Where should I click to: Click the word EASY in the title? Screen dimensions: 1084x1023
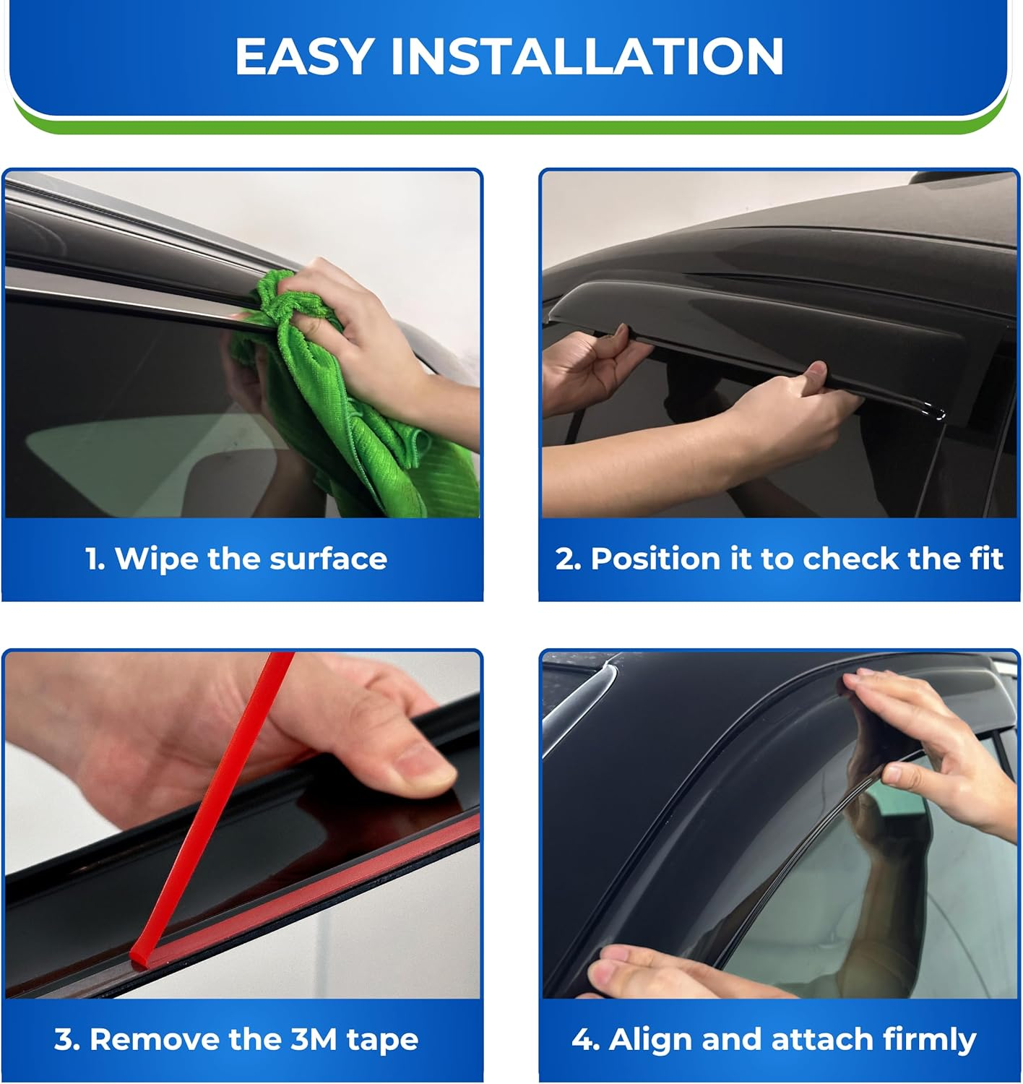(304, 56)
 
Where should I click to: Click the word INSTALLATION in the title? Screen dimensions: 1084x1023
(587, 56)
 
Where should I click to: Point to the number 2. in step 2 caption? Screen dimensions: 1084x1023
(569, 559)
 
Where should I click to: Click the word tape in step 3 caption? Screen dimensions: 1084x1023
(382, 1039)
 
